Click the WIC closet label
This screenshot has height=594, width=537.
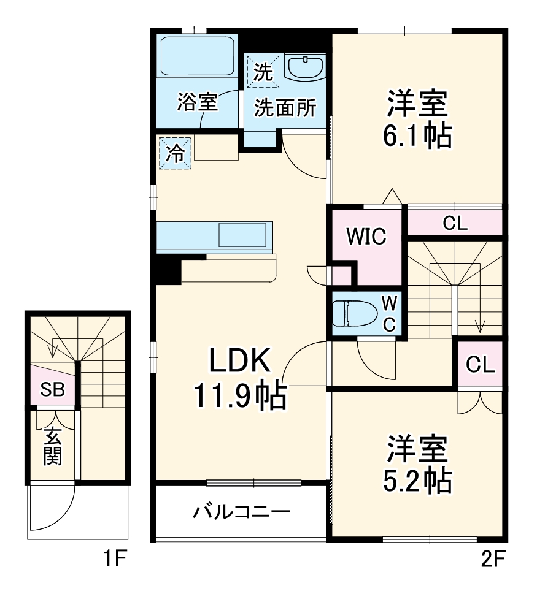pyautogui.click(x=366, y=236)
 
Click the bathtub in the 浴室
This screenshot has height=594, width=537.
pyautogui.click(x=198, y=56)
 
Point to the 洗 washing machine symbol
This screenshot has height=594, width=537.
pyautogui.click(x=263, y=71)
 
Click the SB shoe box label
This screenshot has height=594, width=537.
pyautogui.click(x=53, y=389)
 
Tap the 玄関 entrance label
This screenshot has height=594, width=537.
pyautogui.click(x=53, y=446)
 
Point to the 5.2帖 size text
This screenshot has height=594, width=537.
pyautogui.click(x=417, y=481)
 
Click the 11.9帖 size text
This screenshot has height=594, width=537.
pyautogui.click(x=240, y=397)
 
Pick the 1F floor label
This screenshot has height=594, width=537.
pyautogui.click(x=114, y=559)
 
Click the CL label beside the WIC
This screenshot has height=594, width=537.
pyautogui.click(x=455, y=223)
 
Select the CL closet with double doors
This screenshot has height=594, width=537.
pyautogui.click(x=480, y=365)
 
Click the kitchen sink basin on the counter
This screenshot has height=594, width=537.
pyautogui.click(x=243, y=234)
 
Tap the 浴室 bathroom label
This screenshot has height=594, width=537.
pyautogui.click(x=198, y=102)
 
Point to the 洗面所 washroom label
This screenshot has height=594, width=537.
pyautogui.click(x=285, y=109)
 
